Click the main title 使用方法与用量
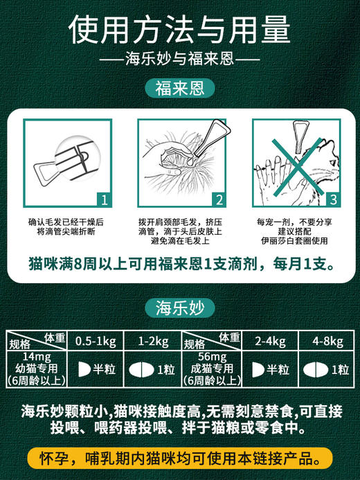click(179, 29)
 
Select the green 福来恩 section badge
click(179, 89)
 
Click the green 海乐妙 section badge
click(179, 308)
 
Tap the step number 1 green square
click(103, 201)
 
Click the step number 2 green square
click(218, 201)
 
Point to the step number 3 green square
click(331, 201)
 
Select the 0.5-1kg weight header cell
click(94, 340)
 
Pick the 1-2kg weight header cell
click(152, 340)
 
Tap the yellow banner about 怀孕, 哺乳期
click(179, 459)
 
